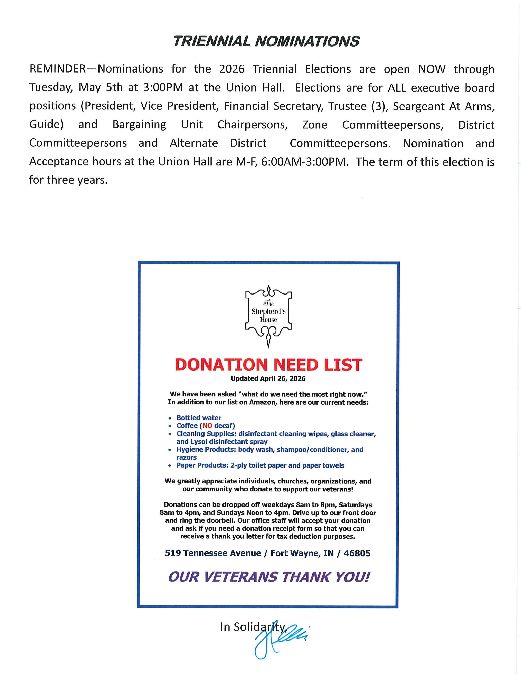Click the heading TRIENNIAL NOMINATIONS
click(266, 41)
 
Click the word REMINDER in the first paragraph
click(57, 69)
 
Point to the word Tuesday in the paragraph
click(51, 88)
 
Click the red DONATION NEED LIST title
click(268, 365)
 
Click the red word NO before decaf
click(207, 426)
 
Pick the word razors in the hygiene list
click(186, 457)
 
